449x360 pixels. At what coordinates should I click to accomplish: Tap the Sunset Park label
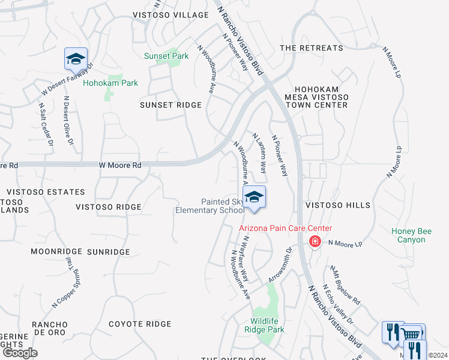click(166, 56)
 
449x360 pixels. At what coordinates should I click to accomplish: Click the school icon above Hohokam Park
click(76, 59)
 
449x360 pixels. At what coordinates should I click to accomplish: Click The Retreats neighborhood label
click(312, 48)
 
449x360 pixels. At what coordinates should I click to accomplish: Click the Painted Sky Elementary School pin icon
click(254, 197)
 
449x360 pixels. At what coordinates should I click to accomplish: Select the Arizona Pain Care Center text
click(285, 228)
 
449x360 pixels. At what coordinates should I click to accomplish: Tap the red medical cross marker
click(314, 242)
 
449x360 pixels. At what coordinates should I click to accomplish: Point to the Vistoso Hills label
click(338, 205)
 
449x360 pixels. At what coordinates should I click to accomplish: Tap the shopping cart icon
click(412, 335)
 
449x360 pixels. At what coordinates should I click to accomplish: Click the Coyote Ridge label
click(140, 324)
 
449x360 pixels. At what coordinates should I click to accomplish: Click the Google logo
click(20, 353)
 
